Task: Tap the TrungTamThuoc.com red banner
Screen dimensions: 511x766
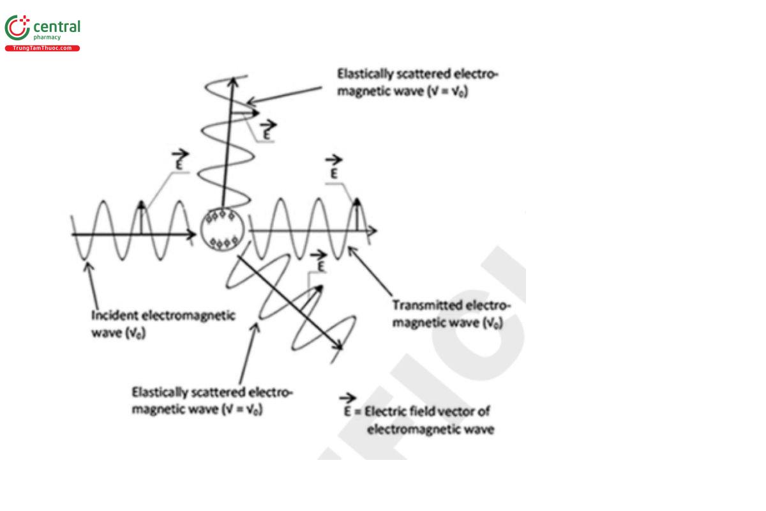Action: tap(42, 49)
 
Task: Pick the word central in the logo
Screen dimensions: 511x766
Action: tap(56, 27)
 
